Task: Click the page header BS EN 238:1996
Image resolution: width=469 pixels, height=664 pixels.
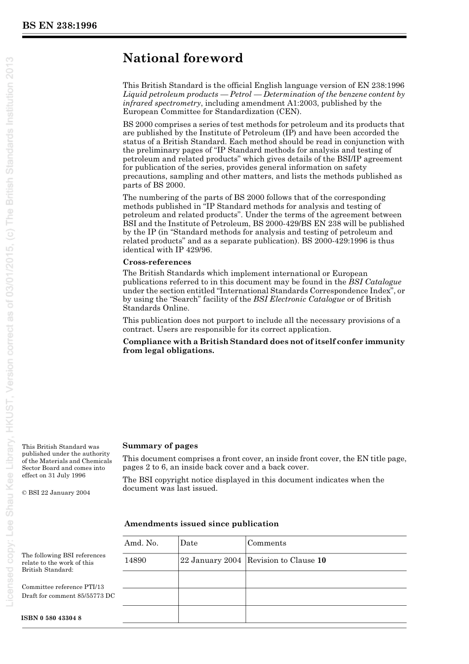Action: point(59,26)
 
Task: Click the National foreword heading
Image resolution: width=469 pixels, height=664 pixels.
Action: point(183,58)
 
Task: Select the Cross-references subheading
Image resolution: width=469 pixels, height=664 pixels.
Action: point(156,262)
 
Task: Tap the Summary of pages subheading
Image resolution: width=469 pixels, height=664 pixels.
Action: point(160,446)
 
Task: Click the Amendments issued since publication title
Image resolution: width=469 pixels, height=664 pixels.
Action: point(201,524)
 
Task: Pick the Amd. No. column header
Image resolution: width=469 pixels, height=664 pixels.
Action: point(141,543)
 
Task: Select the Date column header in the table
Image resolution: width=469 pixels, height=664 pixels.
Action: point(189,543)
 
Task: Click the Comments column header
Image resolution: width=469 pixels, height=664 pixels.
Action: point(267,543)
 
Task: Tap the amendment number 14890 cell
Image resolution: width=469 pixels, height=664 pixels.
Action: point(135,560)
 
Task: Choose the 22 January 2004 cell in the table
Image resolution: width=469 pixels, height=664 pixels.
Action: point(211,560)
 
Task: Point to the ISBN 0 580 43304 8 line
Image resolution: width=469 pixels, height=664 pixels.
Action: point(51,618)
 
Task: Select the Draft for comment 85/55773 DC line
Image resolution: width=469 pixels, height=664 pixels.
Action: point(68,596)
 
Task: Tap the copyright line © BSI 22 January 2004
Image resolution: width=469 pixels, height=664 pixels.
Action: point(56,493)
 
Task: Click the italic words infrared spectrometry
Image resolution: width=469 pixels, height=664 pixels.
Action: point(161,103)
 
